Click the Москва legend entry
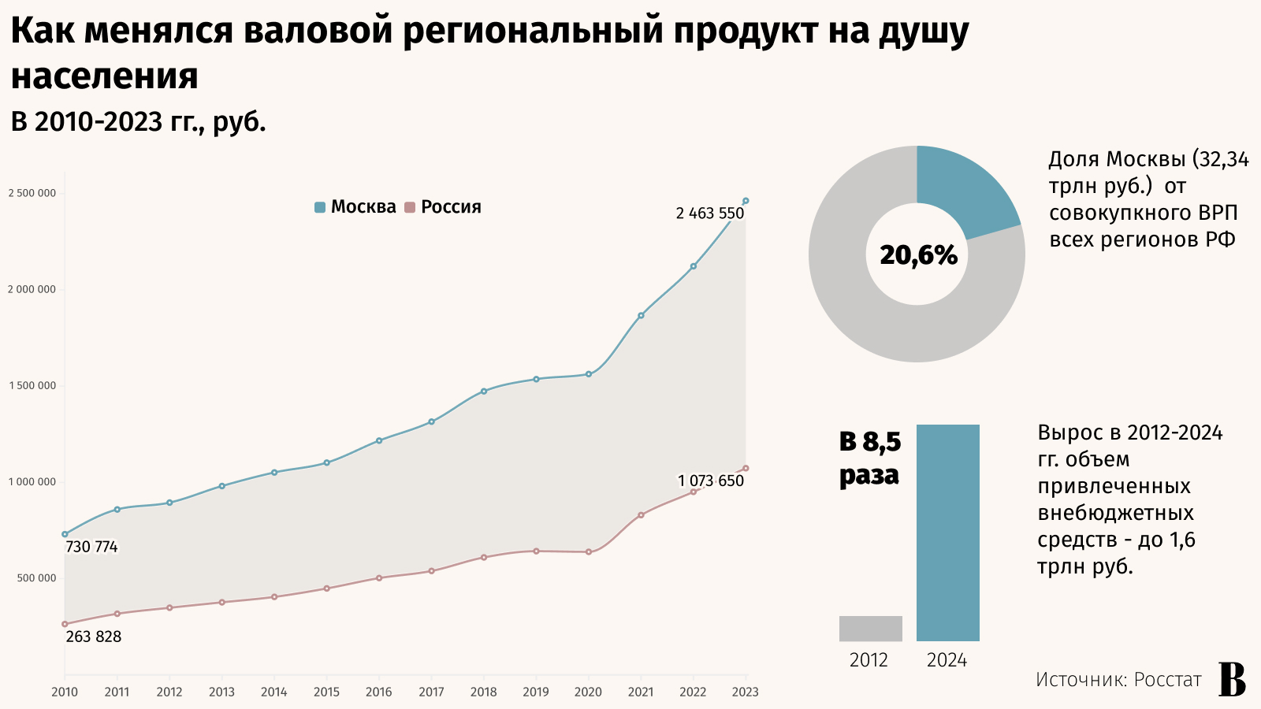tap(355, 207)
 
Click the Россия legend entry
tap(443, 207)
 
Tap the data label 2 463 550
tap(709, 213)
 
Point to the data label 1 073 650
tap(710, 481)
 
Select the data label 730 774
tap(91, 547)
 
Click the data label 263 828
tap(94, 637)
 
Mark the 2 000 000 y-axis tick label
tap(32, 290)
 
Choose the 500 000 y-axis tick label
tap(36, 578)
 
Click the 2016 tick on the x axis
tap(378, 692)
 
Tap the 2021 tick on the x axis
tap(641, 692)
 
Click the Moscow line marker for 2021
tap(641, 315)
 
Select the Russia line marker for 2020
tap(589, 552)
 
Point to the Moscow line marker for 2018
tap(484, 391)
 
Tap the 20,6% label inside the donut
tap(918, 255)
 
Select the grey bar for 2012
tap(870, 629)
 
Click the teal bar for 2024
tap(947, 533)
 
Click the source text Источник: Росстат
tap(1118, 680)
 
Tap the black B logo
tap(1232, 680)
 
